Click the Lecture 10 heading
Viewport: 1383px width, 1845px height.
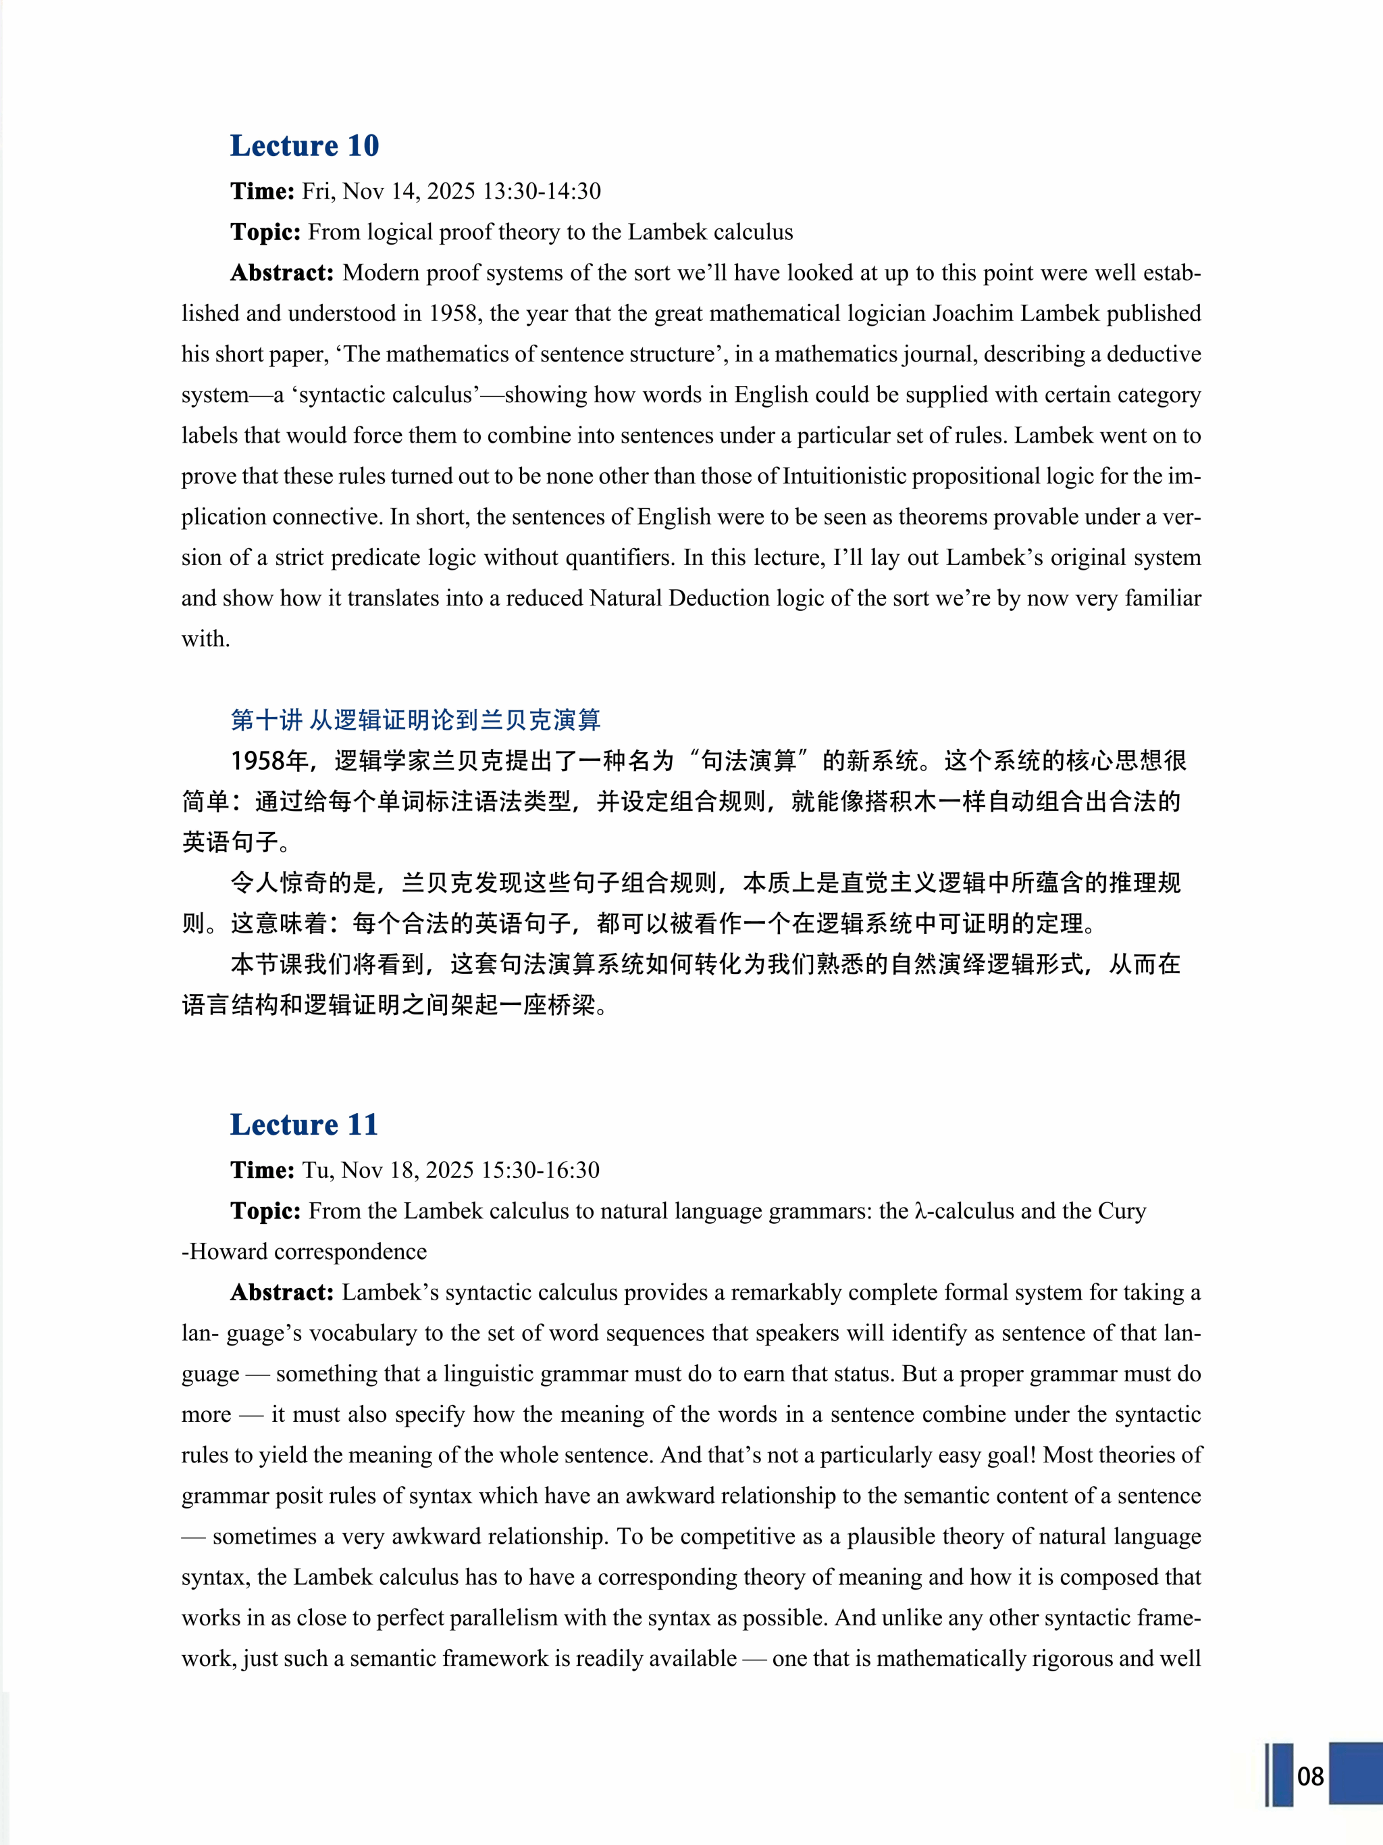(305, 146)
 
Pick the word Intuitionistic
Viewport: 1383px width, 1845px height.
(843, 476)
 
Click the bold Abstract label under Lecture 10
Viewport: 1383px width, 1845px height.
(282, 273)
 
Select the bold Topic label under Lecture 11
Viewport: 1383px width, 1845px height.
(265, 1210)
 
